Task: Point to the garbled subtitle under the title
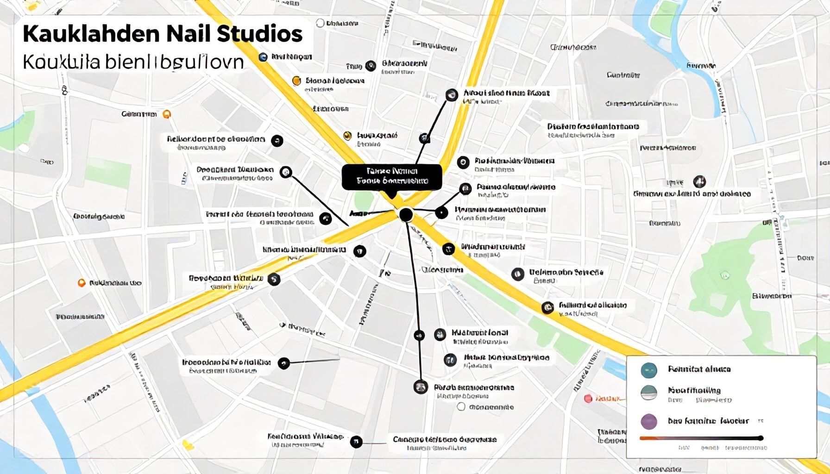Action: click(x=133, y=62)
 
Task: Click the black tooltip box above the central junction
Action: click(x=392, y=177)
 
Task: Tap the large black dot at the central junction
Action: click(x=406, y=214)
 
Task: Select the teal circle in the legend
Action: click(x=649, y=370)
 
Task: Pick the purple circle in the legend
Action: click(x=648, y=421)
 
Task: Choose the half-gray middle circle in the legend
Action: click(x=648, y=393)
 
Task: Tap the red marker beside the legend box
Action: click(x=588, y=398)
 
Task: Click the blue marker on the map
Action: click(x=263, y=57)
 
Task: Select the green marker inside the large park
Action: click(x=725, y=275)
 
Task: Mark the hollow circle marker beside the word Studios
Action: click(x=320, y=23)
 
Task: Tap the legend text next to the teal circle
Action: click(x=699, y=369)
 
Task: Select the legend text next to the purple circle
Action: click(x=708, y=421)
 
